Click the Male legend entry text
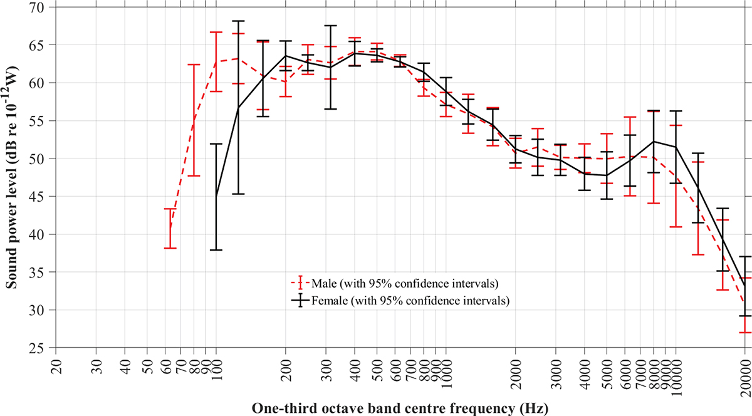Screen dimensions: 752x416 405,284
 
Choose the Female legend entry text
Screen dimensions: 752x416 410,300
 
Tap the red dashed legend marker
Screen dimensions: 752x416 300,283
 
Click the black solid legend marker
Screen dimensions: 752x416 300,299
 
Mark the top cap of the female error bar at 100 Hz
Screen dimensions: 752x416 216,143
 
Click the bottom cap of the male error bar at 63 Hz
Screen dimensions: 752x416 170,248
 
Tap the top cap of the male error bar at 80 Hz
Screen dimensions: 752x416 194,65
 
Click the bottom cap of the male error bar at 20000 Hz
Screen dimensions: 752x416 746,333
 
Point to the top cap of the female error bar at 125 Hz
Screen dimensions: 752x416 238,21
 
